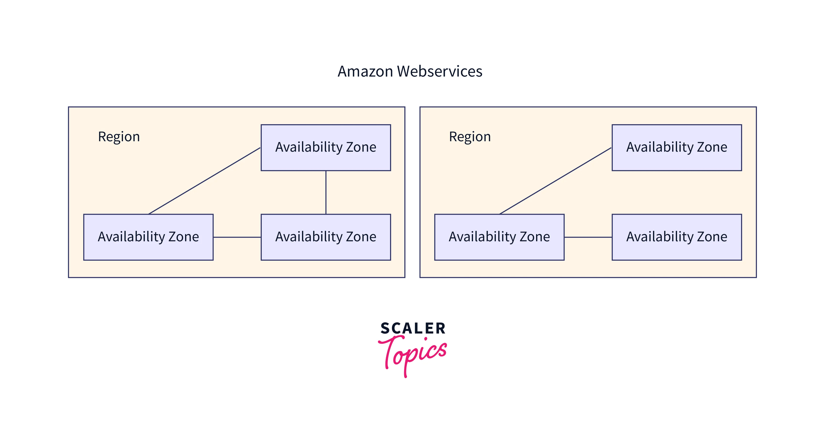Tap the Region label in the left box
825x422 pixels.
(x=119, y=137)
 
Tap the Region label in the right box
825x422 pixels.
(x=470, y=137)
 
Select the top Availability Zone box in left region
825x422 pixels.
(x=326, y=160)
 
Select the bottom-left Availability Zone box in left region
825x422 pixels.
(x=148, y=250)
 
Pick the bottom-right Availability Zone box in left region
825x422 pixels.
(x=326, y=250)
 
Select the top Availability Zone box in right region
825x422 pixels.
(x=677, y=160)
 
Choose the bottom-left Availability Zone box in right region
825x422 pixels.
(x=499, y=250)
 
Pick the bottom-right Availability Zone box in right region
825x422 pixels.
(x=677, y=250)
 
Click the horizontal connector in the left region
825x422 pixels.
(x=237, y=237)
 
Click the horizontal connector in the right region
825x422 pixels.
(x=588, y=237)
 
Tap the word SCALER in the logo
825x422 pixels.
(x=413, y=328)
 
